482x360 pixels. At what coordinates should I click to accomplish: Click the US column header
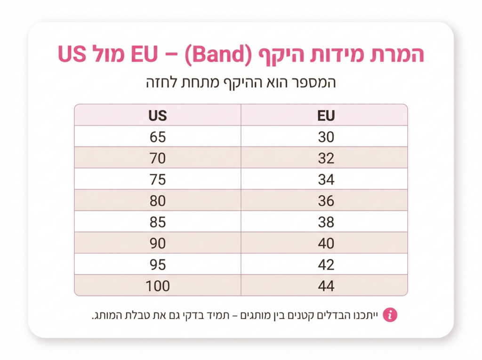tap(158, 115)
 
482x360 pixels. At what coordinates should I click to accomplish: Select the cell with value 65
tap(158, 137)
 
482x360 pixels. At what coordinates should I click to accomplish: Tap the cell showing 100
tap(158, 286)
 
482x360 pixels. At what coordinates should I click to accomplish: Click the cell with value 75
tap(158, 179)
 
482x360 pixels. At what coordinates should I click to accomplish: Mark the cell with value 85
tap(158, 222)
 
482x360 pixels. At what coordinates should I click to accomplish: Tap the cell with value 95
tap(158, 264)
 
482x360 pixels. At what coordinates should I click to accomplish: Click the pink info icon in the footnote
tap(390, 314)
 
